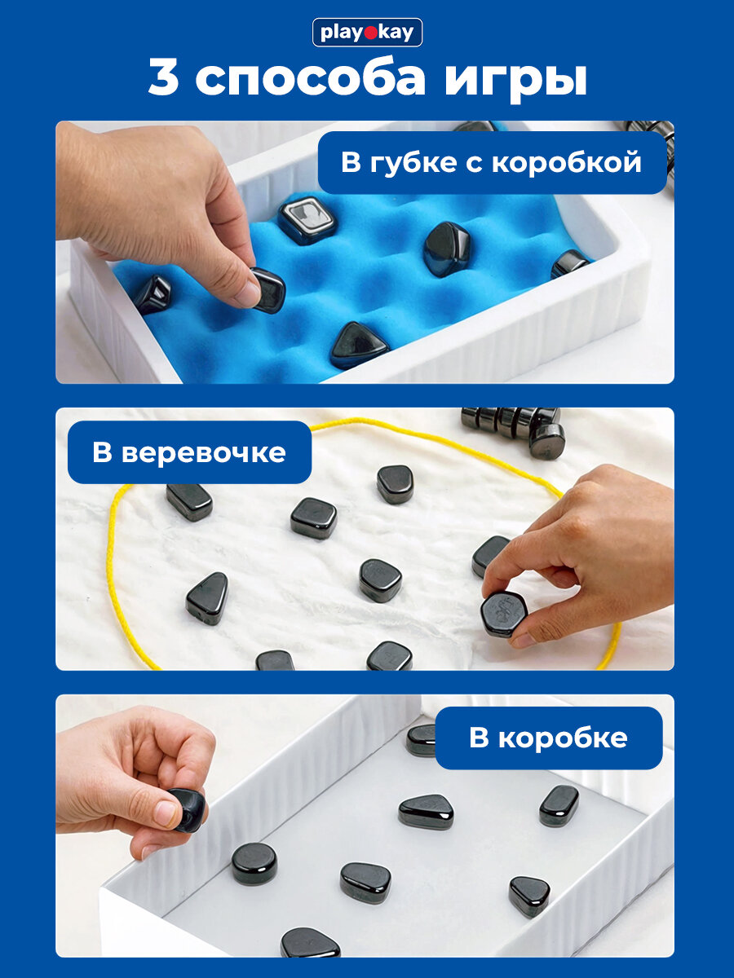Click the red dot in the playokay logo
point(370,33)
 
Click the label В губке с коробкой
point(492,162)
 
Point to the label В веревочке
point(189,452)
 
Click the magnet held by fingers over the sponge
point(268,289)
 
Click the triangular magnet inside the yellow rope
point(208,598)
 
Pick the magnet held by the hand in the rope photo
point(502,614)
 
